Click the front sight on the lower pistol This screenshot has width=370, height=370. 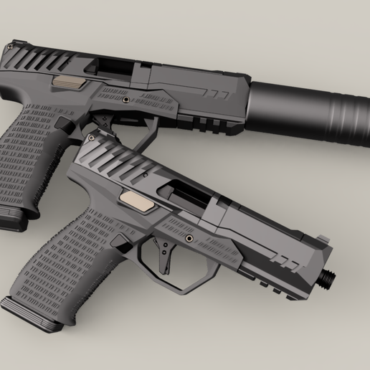coord(322,240)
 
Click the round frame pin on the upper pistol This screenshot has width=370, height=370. coord(127,100)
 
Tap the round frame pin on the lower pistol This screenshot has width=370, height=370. coord(189,237)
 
